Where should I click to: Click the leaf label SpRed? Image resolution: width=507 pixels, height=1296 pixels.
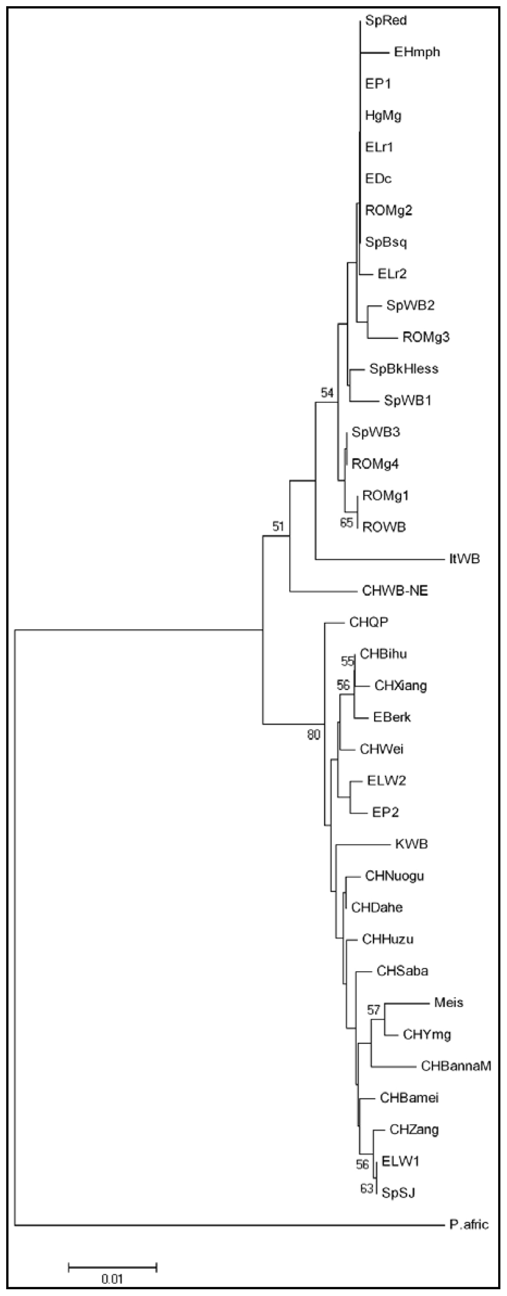coord(386,21)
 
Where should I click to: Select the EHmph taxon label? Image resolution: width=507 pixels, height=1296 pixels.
coord(417,52)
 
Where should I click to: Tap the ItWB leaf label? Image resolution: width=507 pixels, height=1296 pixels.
coord(464,558)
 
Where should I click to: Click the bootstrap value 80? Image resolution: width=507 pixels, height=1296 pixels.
coord(314,735)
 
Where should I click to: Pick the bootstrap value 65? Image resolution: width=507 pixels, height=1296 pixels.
coord(346,523)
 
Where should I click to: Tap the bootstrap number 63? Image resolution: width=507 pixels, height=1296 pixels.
coord(367,1188)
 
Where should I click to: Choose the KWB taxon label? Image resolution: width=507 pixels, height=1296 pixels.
coord(411,844)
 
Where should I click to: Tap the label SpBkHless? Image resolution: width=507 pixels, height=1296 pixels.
coord(404,369)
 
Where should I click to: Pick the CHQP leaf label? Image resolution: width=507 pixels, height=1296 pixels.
coord(369,622)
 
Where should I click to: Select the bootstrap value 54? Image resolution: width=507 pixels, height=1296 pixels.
coord(327,393)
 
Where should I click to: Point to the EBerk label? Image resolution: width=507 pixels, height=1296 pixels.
coord(392,717)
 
